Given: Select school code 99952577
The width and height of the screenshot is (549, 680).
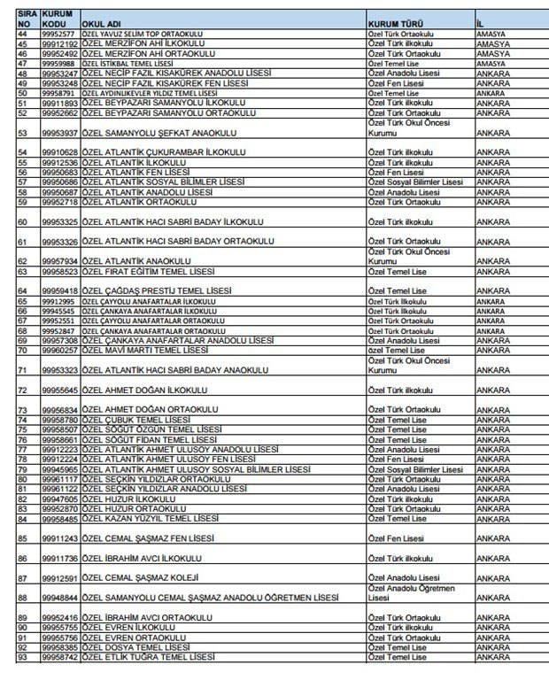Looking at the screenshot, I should [59, 33].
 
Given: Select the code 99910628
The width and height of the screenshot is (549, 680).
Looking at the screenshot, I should [59, 152].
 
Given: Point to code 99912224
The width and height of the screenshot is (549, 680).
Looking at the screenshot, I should [59, 460].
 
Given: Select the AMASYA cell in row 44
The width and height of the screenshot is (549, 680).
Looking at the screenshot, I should [492, 33].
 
